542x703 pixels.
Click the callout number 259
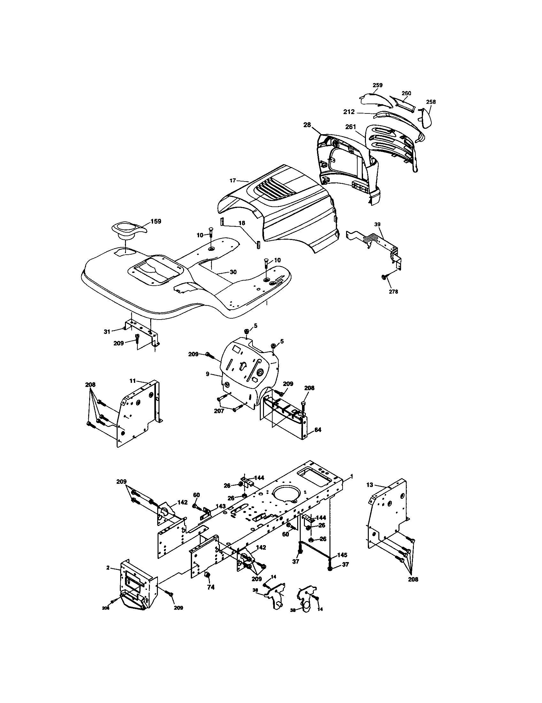(377, 85)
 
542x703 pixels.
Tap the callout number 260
(406, 93)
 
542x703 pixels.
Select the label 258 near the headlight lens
(431, 102)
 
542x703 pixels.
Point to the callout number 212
(349, 112)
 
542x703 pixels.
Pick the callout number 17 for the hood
(233, 181)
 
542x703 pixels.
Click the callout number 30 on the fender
(233, 272)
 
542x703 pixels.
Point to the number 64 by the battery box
(318, 430)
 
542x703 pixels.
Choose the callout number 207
(219, 411)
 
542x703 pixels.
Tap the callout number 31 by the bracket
(107, 331)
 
